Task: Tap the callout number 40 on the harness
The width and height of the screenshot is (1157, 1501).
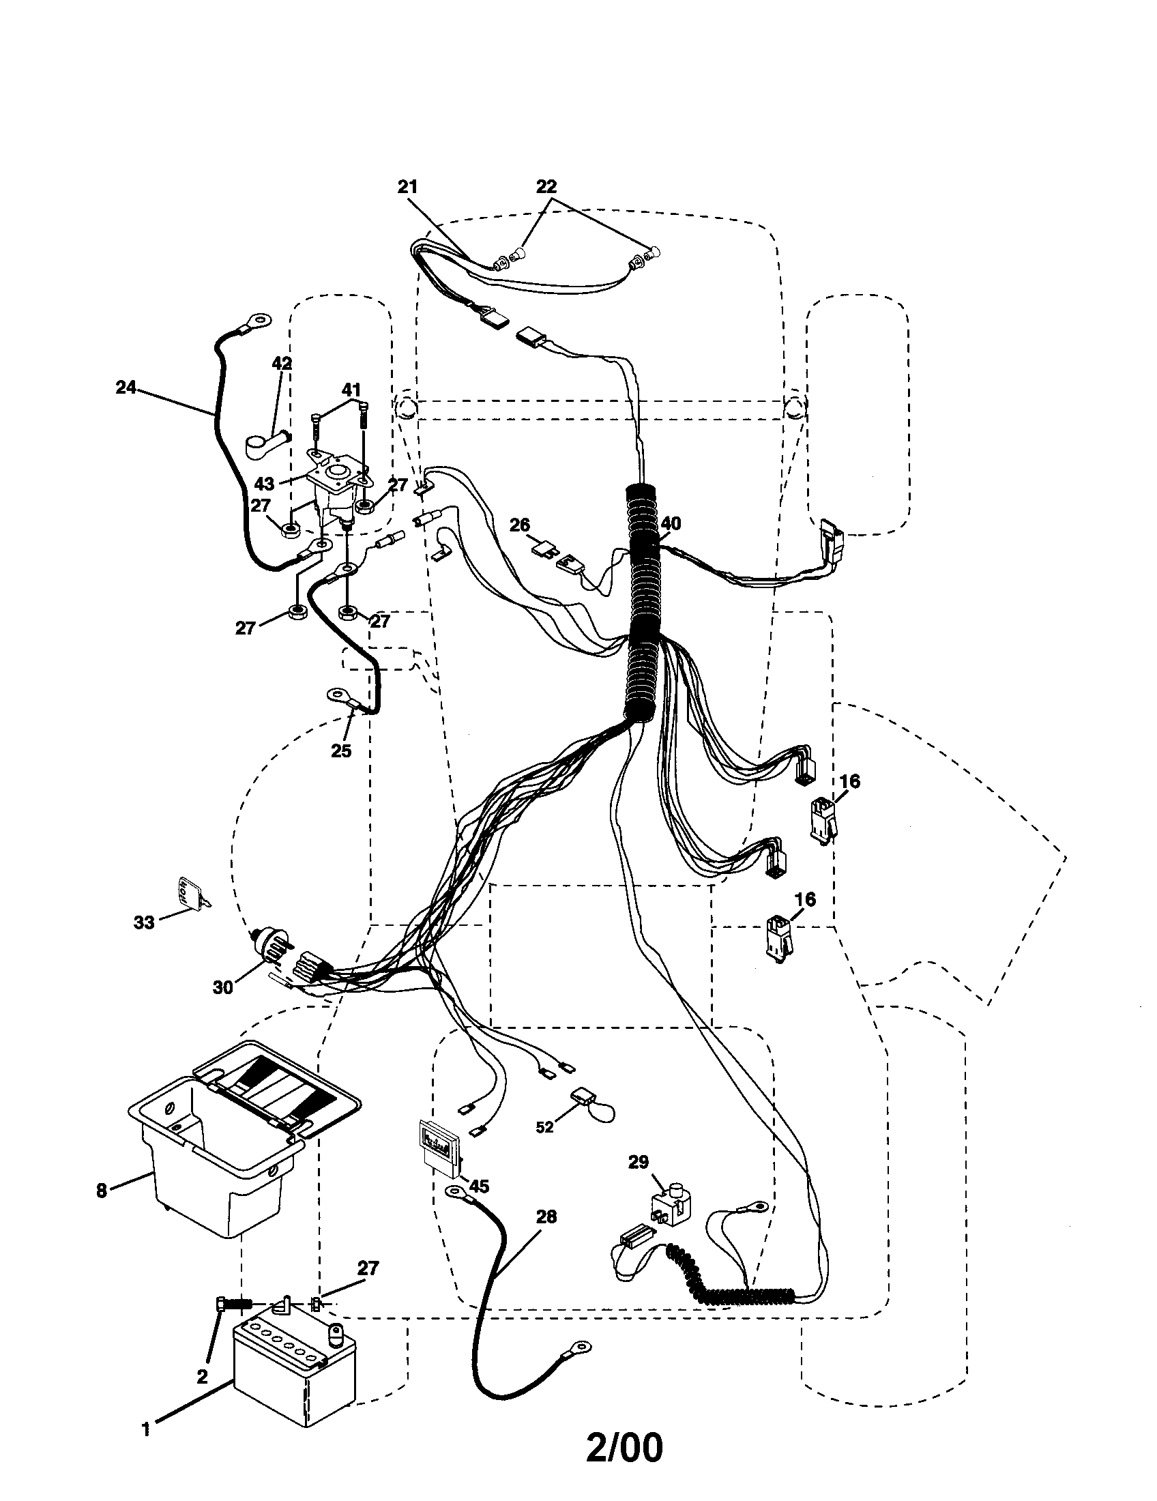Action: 671,524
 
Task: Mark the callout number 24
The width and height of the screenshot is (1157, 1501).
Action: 126,388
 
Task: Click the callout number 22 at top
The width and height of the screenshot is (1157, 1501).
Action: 546,186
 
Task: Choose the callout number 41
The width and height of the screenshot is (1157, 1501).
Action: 351,390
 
